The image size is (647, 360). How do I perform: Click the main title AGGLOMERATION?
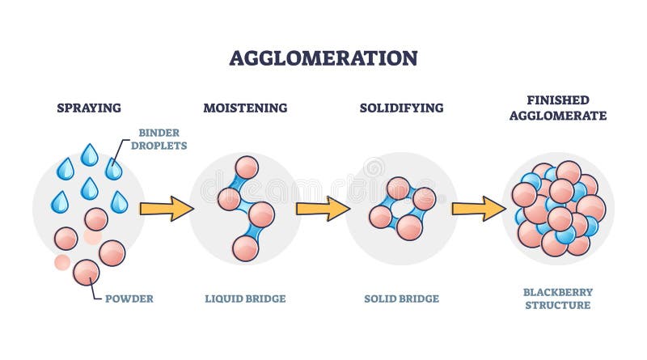click(323, 58)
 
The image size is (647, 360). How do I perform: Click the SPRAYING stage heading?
click(89, 108)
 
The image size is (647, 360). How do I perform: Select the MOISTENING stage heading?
click(245, 108)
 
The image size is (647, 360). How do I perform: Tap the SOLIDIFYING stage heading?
click(400, 108)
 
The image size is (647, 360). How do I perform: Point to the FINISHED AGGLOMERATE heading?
click(557, 108)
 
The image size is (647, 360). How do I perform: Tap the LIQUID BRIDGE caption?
click(245, 299)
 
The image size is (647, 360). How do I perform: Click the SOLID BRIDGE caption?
click(401, 299)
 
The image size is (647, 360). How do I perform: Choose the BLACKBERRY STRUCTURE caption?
click(557, 299)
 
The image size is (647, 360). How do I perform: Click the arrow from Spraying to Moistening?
click(166, 209)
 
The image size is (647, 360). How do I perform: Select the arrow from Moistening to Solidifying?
click(322, 209)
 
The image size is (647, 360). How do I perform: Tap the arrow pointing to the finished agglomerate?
click(478, 209)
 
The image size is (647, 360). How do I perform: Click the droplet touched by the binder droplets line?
click(113, 169)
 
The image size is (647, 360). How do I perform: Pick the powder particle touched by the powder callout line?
click(87, 272)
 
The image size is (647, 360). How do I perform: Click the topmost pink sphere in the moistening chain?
click(247, 167)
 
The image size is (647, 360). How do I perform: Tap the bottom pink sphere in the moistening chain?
click(245, 248)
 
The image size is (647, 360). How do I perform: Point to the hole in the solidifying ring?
click(401, 208)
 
